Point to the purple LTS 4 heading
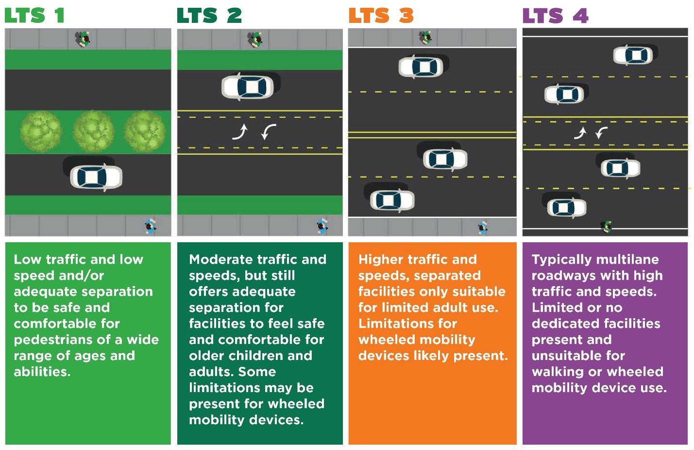pos(555,16)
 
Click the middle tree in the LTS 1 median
pos(93,131)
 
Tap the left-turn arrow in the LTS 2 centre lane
pos(268,131)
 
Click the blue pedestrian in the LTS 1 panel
pos(151,226)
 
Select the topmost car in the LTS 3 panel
pos(421,67)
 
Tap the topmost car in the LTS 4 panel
pos(632,55)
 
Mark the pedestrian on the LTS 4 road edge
pos(606,226)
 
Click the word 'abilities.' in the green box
pos(42,372)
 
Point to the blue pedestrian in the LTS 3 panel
pos(482,227)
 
